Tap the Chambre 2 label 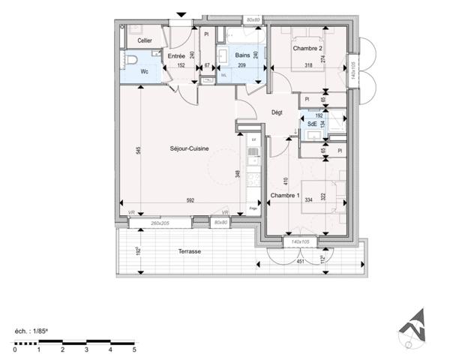point(308,49)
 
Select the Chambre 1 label point(284,196)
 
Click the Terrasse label point(189,252)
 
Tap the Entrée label point(176,56)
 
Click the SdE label point(311,124)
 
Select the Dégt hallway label point(277,112)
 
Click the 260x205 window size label point(160,223)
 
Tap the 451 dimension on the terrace point(300,262)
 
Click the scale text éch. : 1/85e point(36,331)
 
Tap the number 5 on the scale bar point(134,350)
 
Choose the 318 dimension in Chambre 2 point(308,66)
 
